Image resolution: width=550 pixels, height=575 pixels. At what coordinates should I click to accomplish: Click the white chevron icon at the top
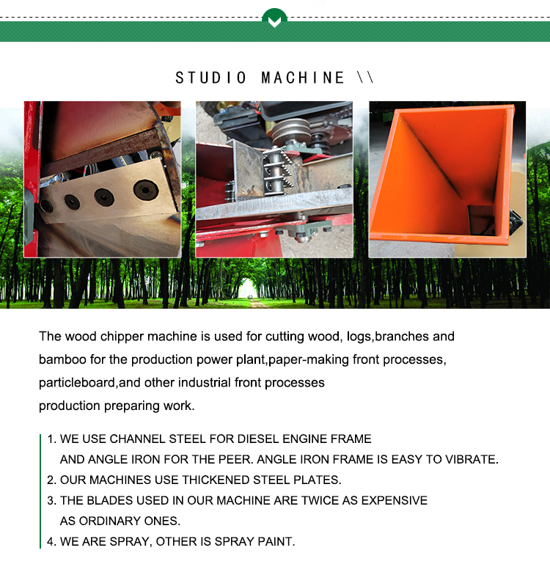[274, 22]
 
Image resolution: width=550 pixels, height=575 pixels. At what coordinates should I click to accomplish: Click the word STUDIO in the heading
[211, 78]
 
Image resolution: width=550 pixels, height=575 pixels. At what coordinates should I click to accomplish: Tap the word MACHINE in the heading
[303, 78]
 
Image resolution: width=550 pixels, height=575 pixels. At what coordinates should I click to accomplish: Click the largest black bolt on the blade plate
[146, 189]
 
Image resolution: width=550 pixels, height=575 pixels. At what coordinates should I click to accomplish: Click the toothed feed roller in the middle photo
[278, 170]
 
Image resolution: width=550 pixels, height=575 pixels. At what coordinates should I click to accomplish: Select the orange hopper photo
[447, 179]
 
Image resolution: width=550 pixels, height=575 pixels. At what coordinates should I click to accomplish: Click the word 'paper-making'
[308, 359]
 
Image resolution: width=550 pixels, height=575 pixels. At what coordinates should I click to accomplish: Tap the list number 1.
[51, 439]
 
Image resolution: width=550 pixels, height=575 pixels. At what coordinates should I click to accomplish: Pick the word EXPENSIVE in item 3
[395, 500]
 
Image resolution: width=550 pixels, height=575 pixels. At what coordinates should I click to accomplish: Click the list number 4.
[51, 541]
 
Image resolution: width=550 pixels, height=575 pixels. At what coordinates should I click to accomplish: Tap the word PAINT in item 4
[276, 541]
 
